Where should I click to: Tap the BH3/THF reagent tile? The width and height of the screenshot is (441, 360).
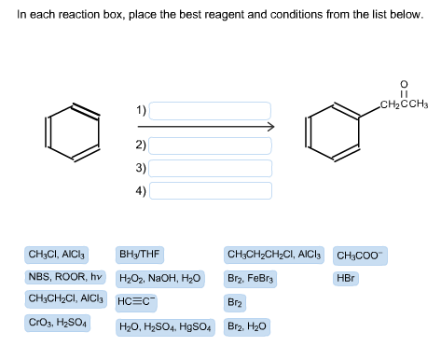(140, 254)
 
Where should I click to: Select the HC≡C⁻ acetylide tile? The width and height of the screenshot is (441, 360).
(138, 302)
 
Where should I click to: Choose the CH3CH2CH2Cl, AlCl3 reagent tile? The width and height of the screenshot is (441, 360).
(274, 254)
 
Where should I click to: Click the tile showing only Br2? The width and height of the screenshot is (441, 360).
(235, 302)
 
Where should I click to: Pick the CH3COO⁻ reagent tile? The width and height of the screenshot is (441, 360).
(360, 255)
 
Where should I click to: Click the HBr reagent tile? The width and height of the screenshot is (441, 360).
(346, 278)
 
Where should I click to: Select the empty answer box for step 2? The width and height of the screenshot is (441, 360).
(210, 145)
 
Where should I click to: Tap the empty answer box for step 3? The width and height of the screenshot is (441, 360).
(210, 168)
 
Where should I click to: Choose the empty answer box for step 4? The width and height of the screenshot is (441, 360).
(210, 190)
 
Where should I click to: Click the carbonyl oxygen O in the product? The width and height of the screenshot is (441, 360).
(403, 86)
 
